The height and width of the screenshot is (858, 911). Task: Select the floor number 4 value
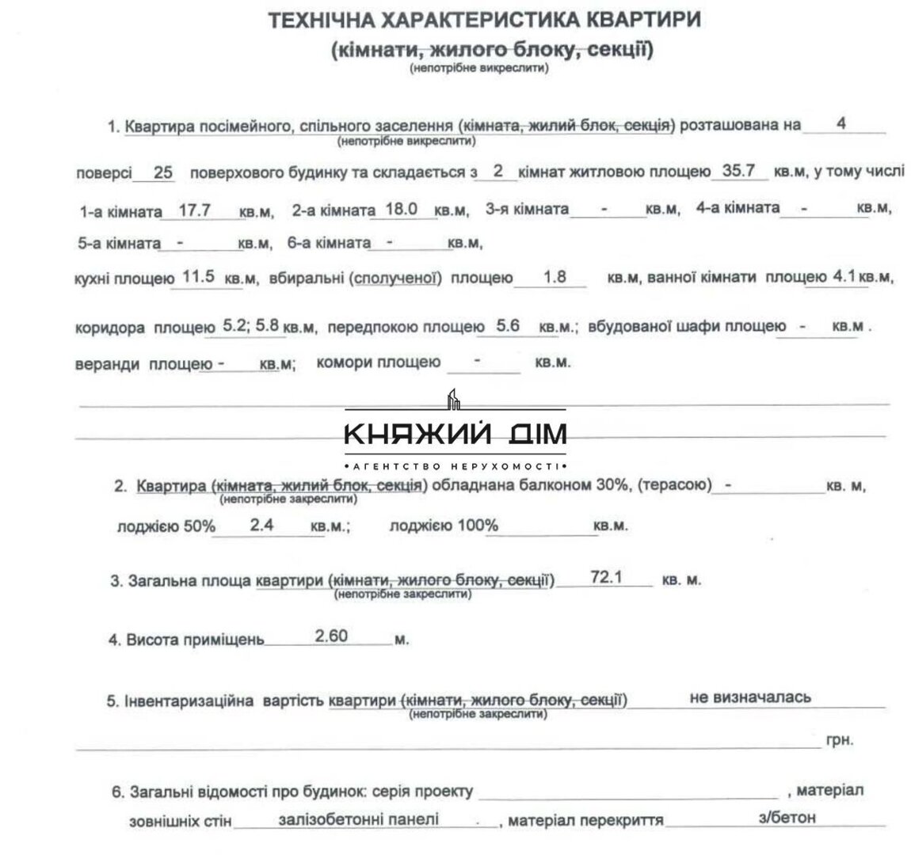840,123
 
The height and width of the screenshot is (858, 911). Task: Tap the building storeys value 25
163,173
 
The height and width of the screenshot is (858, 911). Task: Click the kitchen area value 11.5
199,277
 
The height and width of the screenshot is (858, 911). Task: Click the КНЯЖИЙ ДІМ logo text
455,434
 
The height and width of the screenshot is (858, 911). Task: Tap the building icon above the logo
454,399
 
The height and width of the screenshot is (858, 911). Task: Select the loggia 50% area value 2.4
261,524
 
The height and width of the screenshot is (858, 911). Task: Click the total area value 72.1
607,578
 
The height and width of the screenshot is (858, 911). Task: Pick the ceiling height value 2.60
331,636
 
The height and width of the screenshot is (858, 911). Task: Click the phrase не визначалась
750,697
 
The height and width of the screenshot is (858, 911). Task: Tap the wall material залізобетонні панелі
359,818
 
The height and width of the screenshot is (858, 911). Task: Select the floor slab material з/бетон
787,818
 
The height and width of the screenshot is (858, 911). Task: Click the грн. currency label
840,740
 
